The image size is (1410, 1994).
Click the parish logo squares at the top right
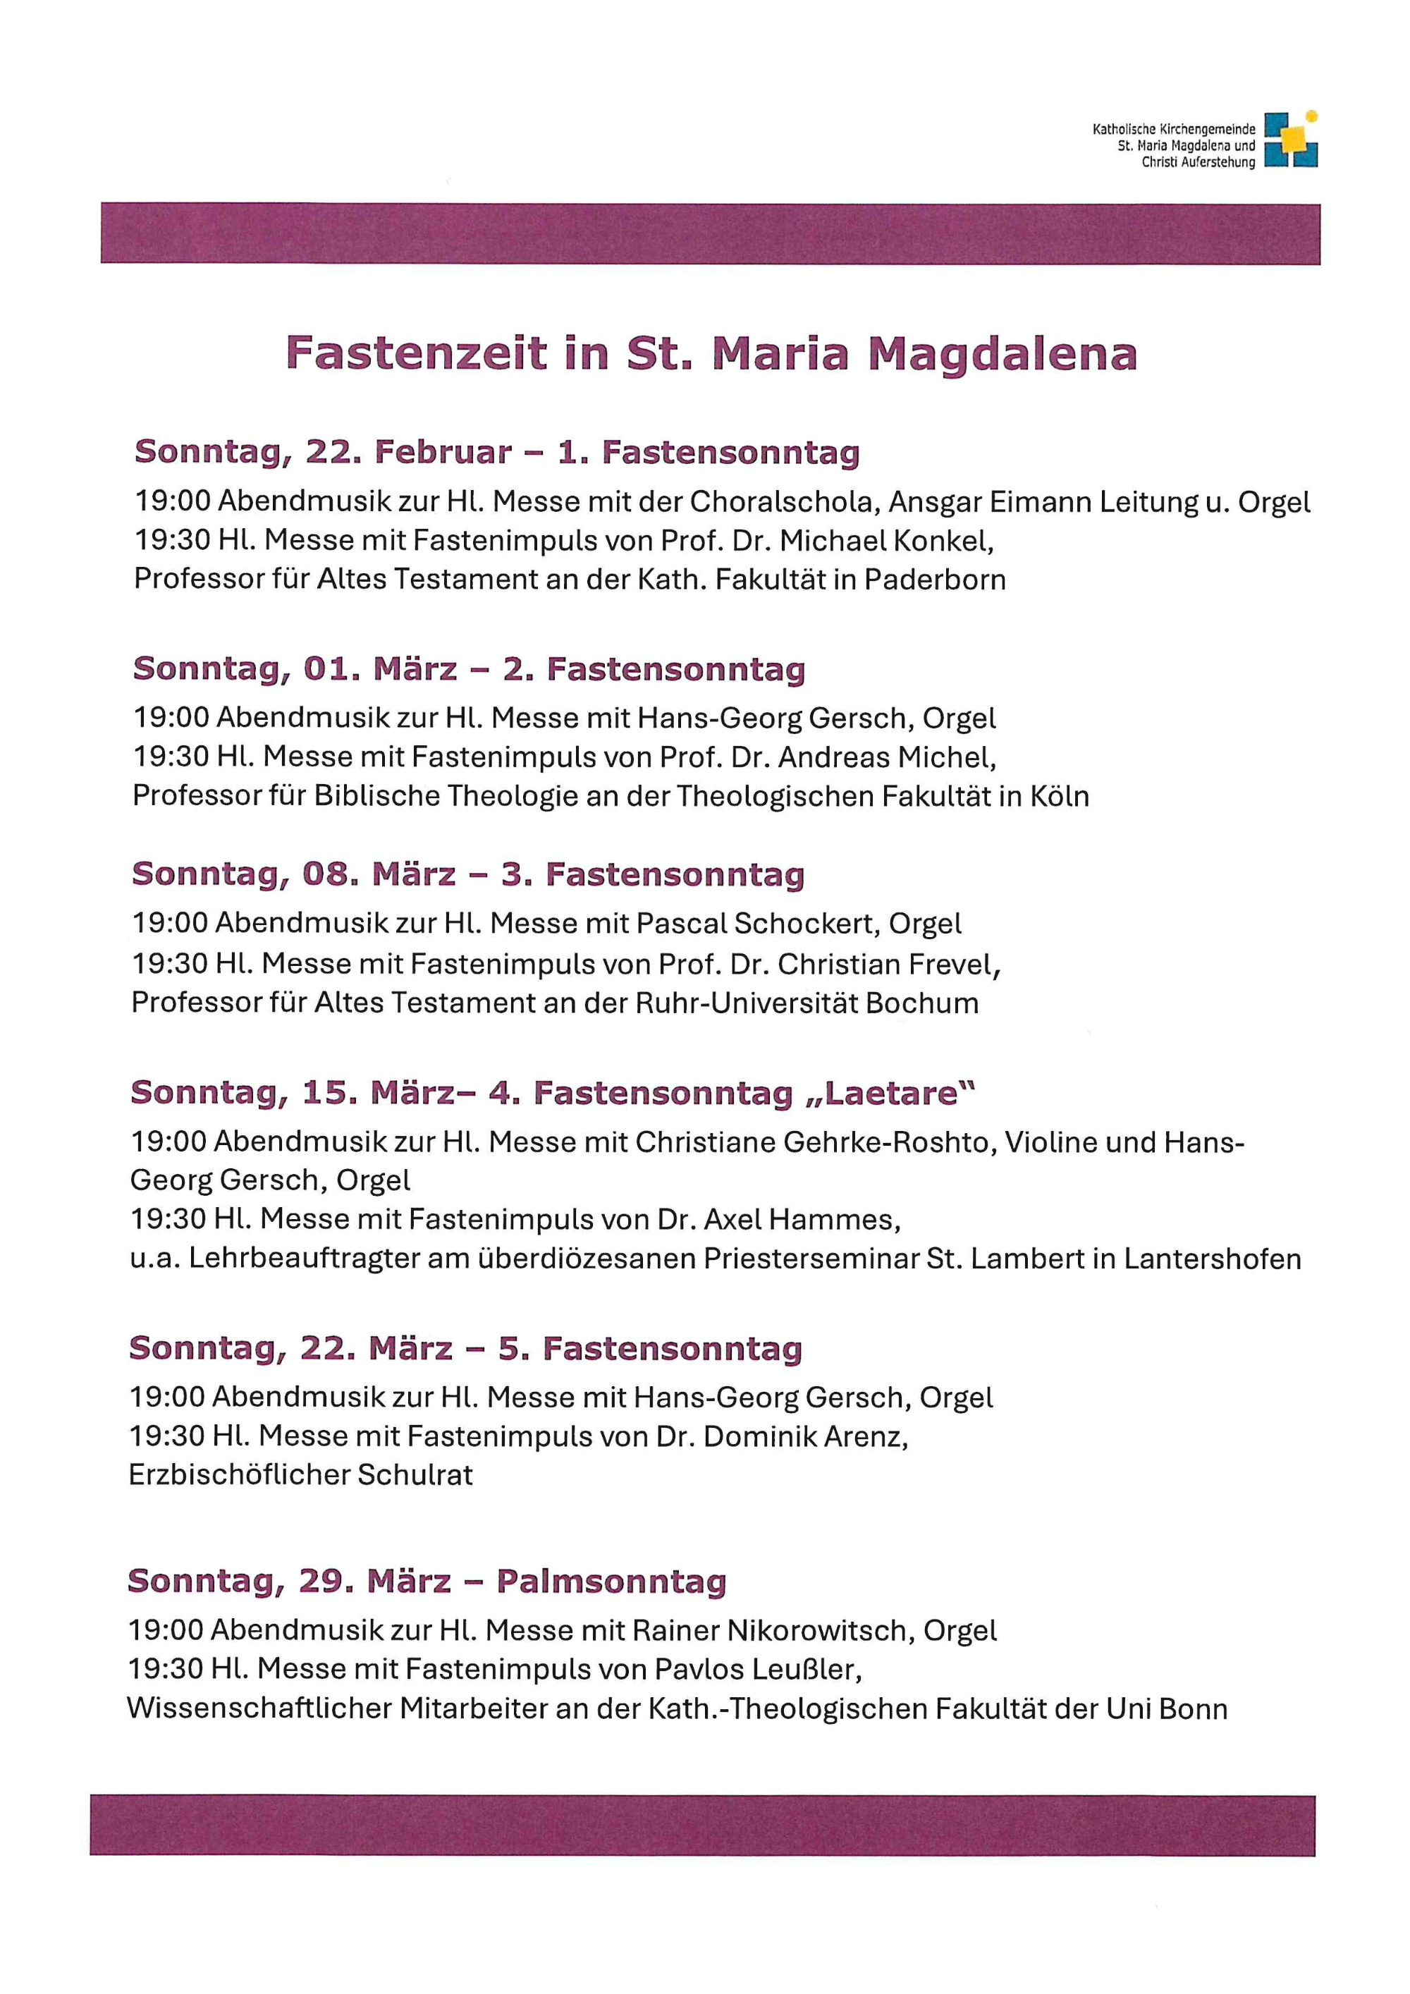(x=1290, y=139)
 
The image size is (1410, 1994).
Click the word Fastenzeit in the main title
(x=417, y=353)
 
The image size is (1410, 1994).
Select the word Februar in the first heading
(x=443, y=453)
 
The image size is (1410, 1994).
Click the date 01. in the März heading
(x=330, y=670)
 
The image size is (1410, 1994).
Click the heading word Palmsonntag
(x=611, y=1582)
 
